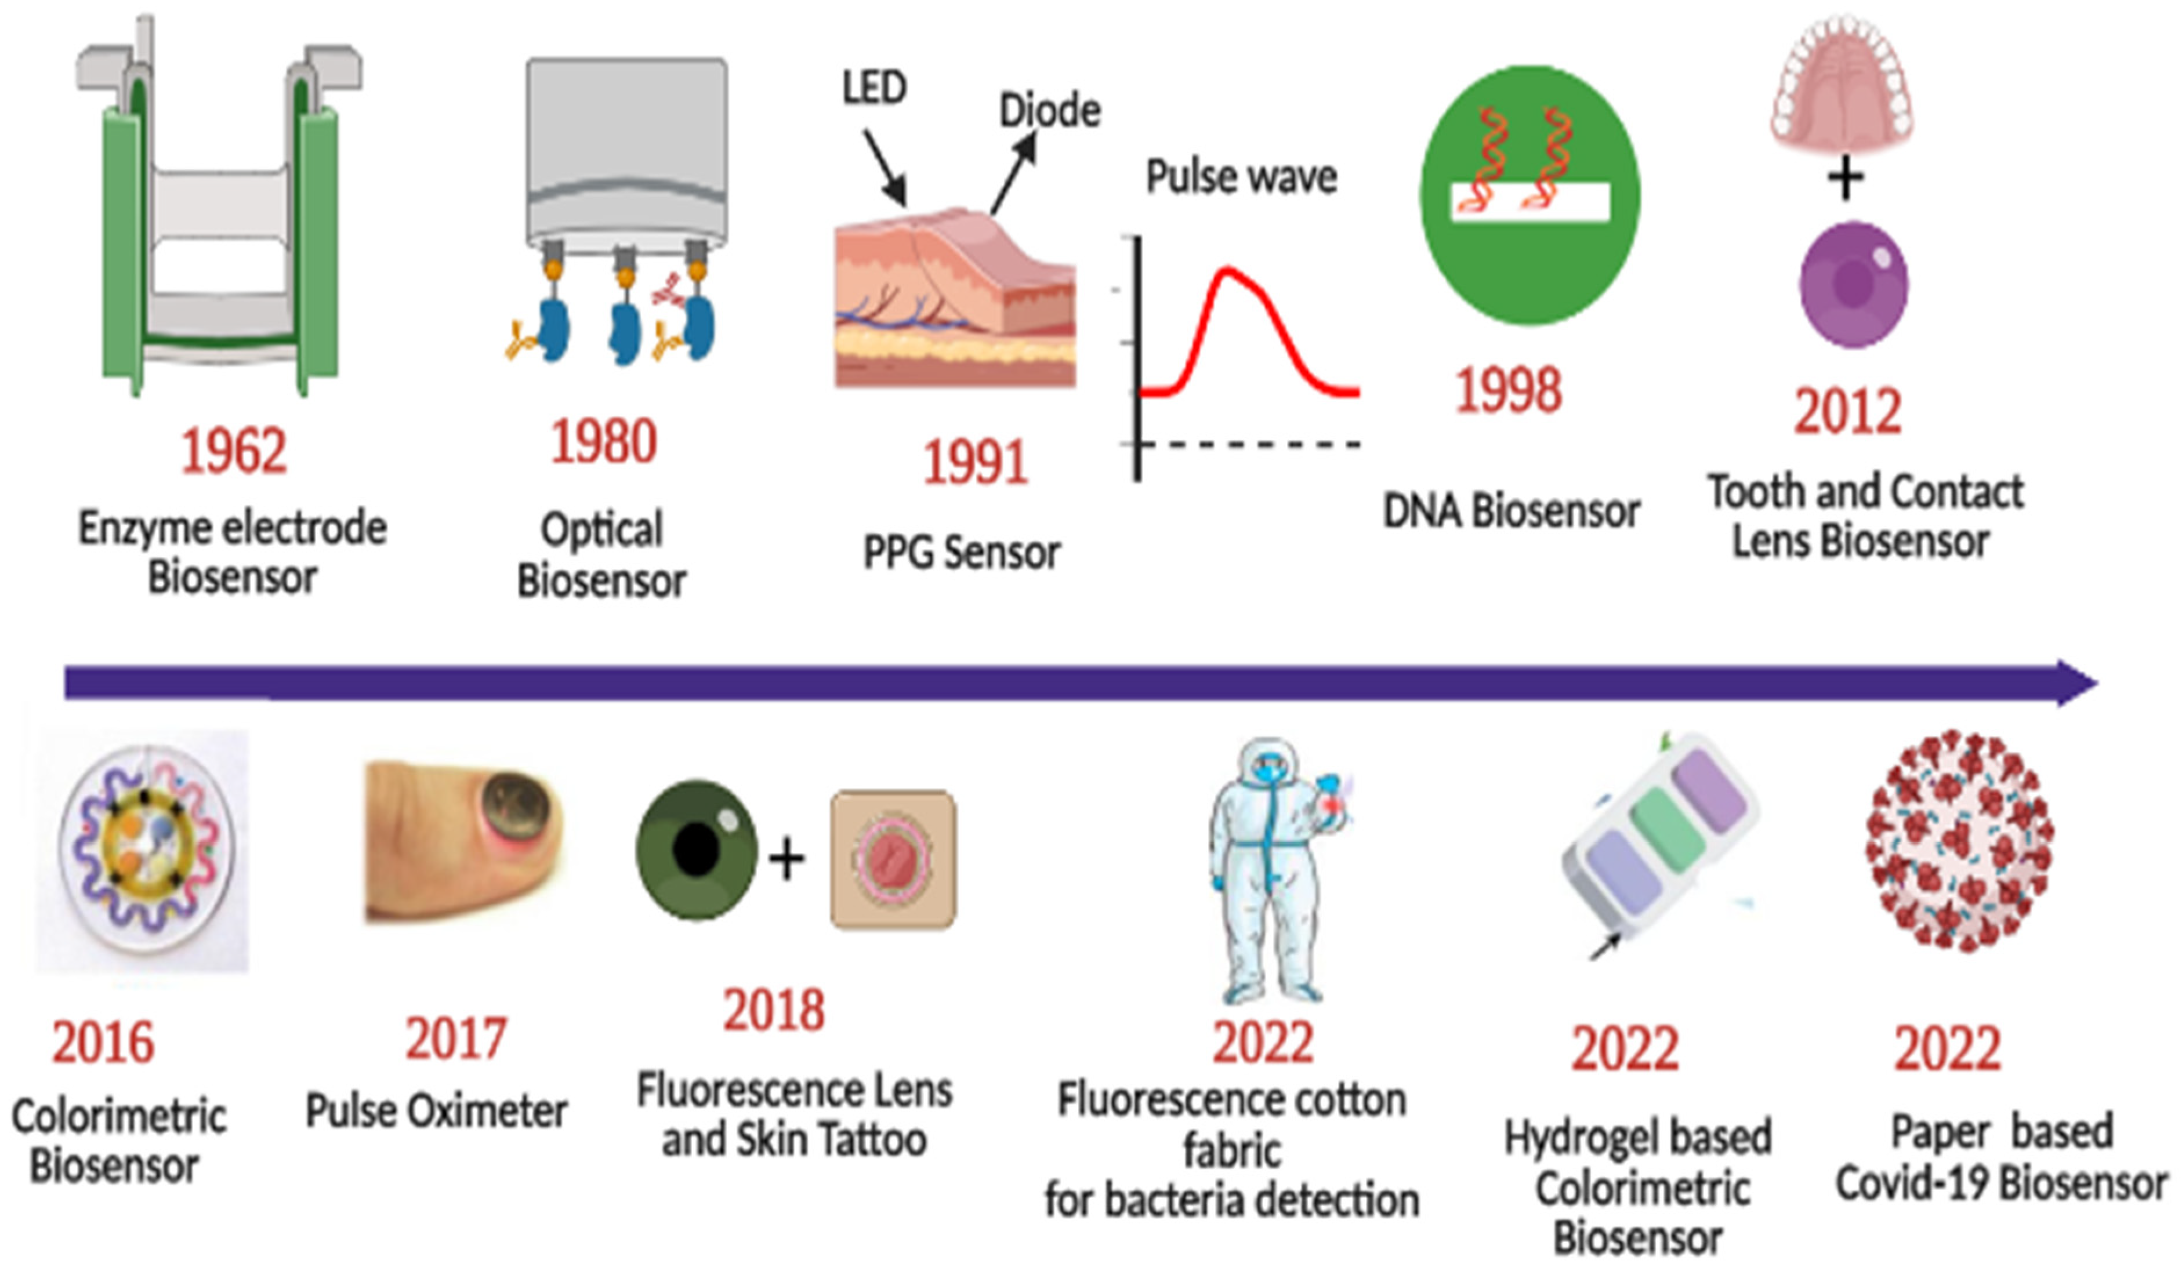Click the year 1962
233,451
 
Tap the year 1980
604,442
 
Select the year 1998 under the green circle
1509,390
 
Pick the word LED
875,88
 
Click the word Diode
1049,111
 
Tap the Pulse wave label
1241,177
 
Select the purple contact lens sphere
1853,284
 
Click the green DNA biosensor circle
1530,195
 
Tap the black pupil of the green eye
695,850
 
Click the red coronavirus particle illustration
1959,840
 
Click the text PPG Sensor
961,553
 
